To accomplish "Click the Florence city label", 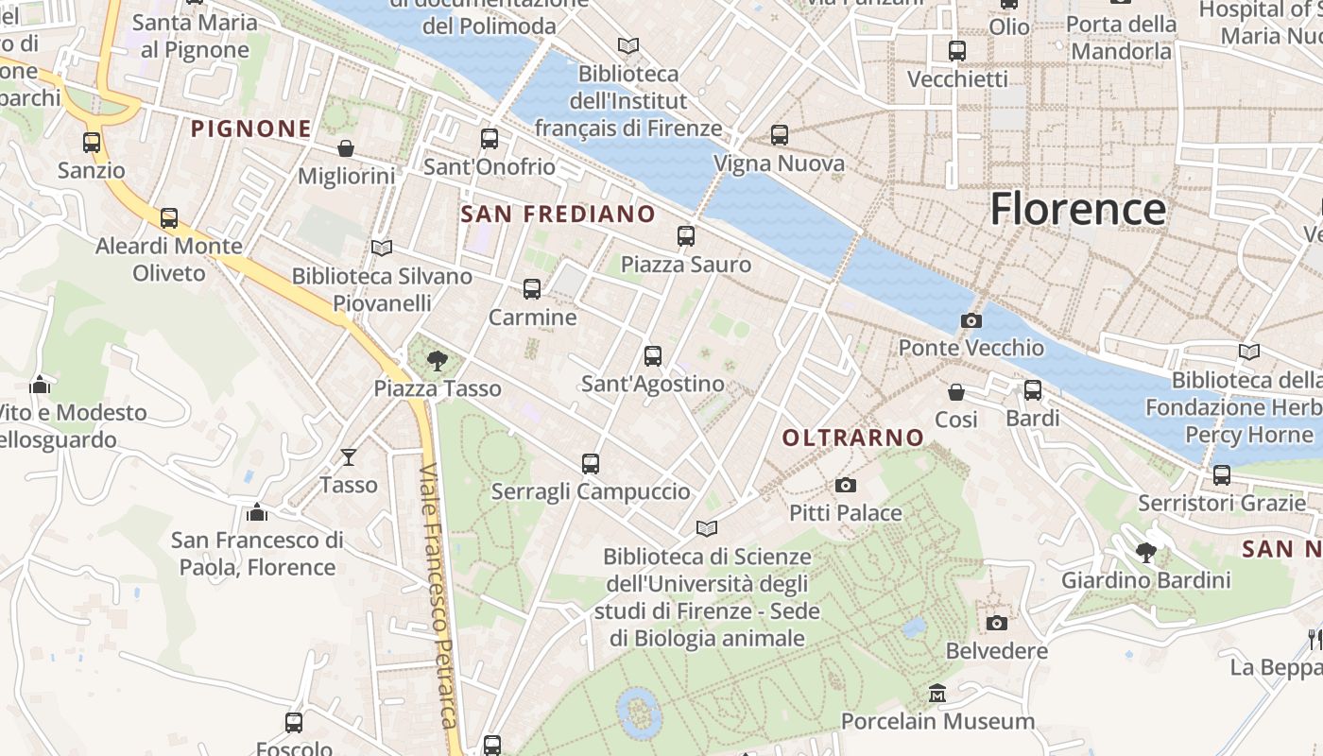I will click(1077, 209).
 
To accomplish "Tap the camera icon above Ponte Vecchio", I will click(971, 320).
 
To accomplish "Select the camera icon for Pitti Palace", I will click(846, 485).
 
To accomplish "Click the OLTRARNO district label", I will click(852, 438).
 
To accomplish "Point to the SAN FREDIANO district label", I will click(558, 215).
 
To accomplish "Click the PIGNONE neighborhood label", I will click(251, 129).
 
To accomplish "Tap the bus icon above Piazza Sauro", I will click(686, 236).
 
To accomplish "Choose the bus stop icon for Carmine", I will click(532, 289).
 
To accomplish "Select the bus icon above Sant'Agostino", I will click(653, 356).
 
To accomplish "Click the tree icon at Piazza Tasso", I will click(437, 360).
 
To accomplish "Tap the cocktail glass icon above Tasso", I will click(349, 457).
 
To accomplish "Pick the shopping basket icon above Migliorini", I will click(346, 148).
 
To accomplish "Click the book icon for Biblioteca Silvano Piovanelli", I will click(382, 248).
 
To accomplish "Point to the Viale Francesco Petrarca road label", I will click(439, 595).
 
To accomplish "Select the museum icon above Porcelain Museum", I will click(937, 694).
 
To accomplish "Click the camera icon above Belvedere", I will click(997, 623).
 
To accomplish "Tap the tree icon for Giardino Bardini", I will click(1146, 552).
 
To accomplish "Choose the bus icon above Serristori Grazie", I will click(1222, 474).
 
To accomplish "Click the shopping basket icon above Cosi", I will click(956, 391).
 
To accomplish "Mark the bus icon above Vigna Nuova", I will click(780, 135).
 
